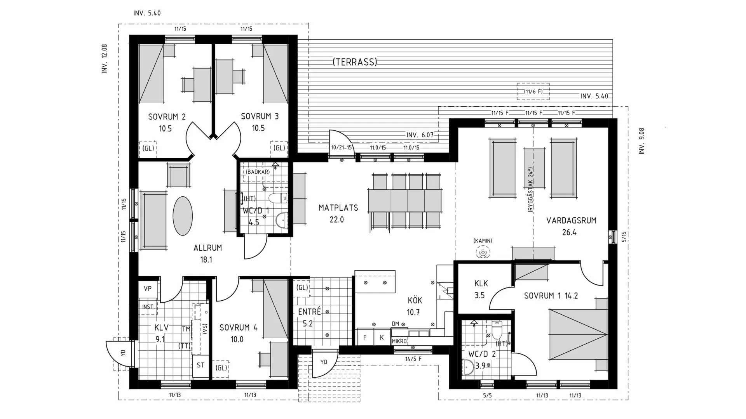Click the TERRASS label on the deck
click(x=355, y=62)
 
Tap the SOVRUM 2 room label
click(x=167, y=116)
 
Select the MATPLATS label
click(x=338, y=208)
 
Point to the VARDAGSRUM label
click(x=571, y=221)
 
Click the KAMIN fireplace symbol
click(x=483, y=253)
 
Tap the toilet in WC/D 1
click(x=278, y=198)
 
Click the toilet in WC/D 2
click(x=497, y=330)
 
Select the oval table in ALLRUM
click(x=182, y=216)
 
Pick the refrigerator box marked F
click(x=365, y=337)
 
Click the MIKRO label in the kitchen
click(x=399, y=341)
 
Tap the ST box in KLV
click(x=200, y=365)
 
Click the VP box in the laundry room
click(x=148, y=289)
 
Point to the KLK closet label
click(x=481, y=284)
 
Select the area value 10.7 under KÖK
click(x=413, y=312)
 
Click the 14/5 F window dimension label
click(x=413, y=359)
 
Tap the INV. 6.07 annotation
click(x=420, y=135)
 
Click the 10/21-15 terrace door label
click(x=342, y=148)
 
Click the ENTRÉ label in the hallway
click(x=310, y=312)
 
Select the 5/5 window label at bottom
click(x=487, y=395)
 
